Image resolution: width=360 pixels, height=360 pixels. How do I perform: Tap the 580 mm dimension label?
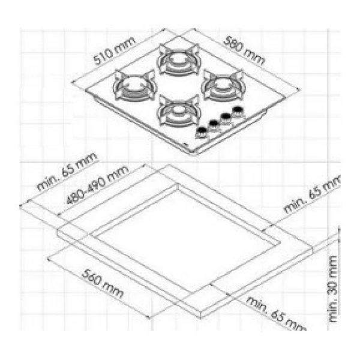pyautogui.click(x=244, y=50)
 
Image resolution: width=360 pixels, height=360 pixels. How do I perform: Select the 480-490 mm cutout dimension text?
pyautogui.click(x=97, y=185)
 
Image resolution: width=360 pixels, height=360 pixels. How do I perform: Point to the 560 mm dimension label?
pyautogui.click(x=103, y=284)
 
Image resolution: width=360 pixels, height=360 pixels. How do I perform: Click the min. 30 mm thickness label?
pyautogui.click(x=333, y=289)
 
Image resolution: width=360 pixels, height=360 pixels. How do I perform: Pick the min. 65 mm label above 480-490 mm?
pyautogui.click(x=67, y=172)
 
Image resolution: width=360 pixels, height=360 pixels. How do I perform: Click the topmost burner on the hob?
pyautogui.click(x=179, y=60)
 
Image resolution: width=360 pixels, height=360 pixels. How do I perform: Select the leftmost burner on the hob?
pyautogui.click(x=135, y=85)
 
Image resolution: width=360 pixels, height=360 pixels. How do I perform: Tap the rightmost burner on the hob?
pyautogui.click(x=223, y=85)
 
